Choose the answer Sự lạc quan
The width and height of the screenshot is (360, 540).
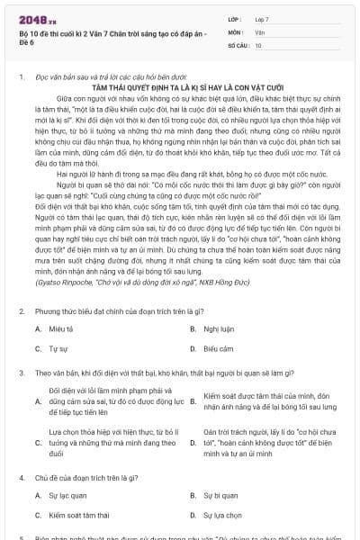(67, 497)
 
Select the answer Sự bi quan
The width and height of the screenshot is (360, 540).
(220, 497)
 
